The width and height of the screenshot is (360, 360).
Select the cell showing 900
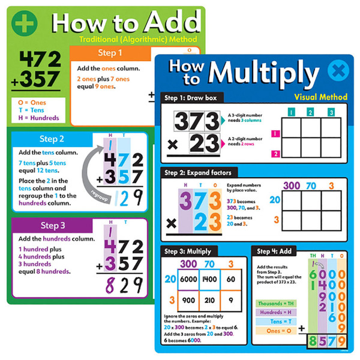coord(189,300)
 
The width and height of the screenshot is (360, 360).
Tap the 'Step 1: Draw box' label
coord(186,97)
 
